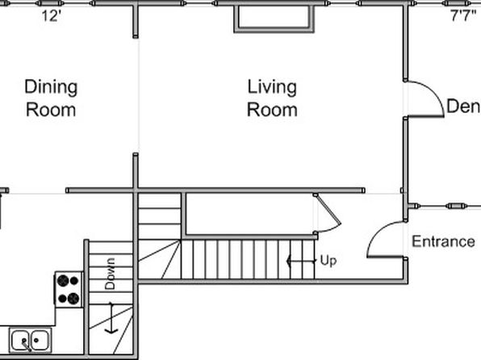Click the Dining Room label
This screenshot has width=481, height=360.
click(51, 98)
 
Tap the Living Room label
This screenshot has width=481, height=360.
click(272, 98)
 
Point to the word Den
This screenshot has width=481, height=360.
click(463, 107)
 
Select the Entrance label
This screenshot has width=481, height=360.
click(443, 241)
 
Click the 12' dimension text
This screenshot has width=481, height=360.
click(52, 15)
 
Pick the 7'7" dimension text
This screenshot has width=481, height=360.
click(464, 15)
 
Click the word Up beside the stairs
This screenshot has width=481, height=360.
click(328, 261)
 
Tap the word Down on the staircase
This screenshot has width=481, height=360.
click(110, 274)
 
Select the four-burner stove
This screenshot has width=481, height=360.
click(69, 290)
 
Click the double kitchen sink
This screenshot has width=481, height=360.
click(30, 340)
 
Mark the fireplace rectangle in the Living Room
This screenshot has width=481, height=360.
click(274, 30)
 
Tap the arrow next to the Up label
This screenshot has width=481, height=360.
click(301, 262)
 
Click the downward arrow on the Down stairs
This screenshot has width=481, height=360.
click(111, 318)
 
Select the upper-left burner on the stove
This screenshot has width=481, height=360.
click(63, 281)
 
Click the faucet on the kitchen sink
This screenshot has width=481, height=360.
click(27, 345)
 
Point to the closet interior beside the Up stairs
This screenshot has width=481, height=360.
click(250, 214)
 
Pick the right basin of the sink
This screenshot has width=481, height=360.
click(40, 340)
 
